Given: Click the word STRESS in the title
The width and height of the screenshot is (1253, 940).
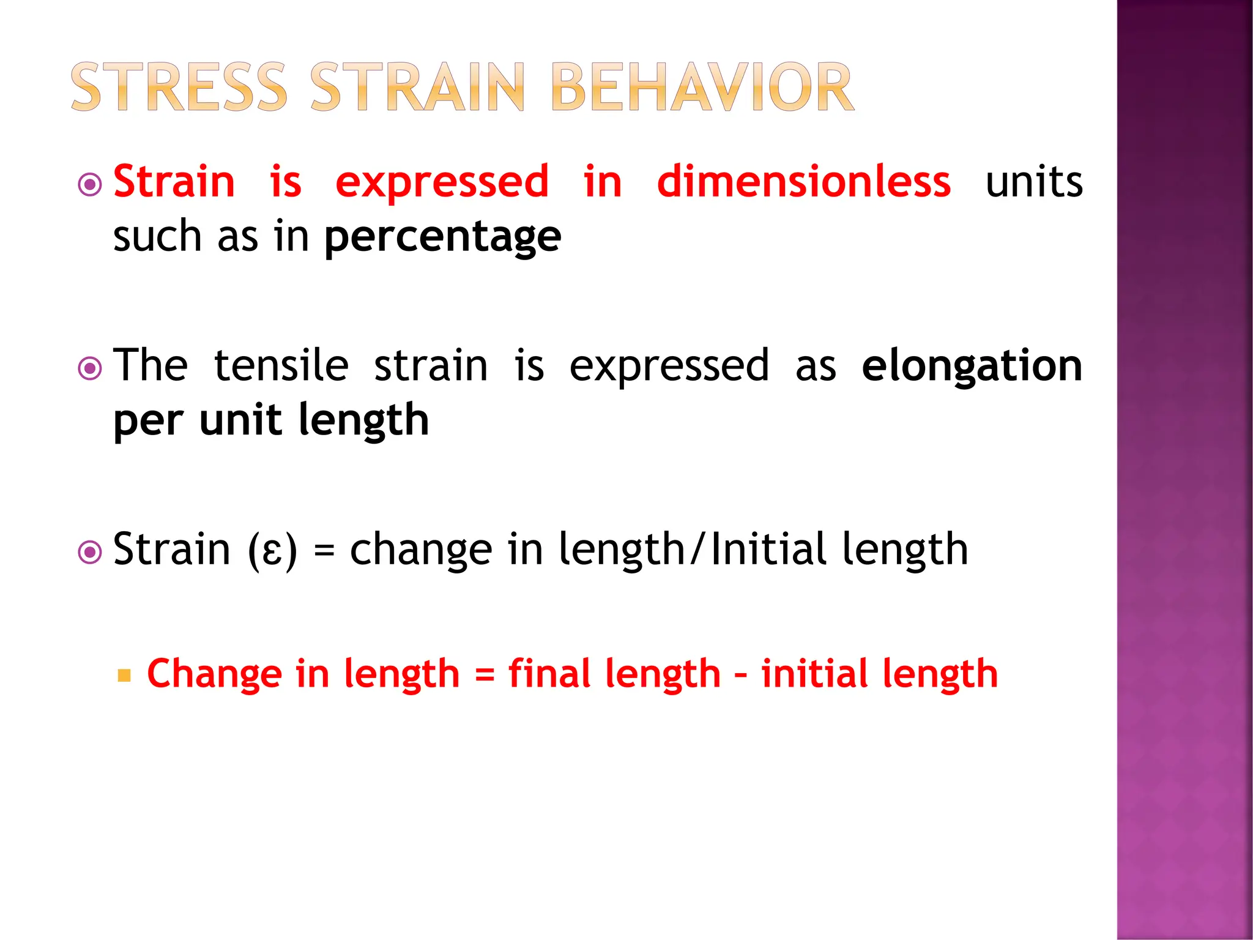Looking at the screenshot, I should click(179, 87).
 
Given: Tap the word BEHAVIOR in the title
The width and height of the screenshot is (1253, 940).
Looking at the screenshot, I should click(702, 87).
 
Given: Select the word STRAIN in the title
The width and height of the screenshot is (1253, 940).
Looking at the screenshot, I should click(417, 87).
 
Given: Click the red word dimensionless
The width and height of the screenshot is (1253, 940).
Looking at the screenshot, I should click(803, 182).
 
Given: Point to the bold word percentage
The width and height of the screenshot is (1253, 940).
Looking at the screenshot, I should click(442, 237).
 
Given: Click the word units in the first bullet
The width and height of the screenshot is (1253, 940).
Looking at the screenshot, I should click(1034, 182).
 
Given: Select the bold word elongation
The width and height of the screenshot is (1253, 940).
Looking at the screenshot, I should click(972, 365).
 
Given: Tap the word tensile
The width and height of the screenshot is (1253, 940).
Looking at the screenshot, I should click(281, 365).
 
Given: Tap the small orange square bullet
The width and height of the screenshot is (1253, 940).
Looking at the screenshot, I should click(124, 676).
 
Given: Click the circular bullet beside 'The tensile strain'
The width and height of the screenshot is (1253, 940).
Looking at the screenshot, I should click(90, 368).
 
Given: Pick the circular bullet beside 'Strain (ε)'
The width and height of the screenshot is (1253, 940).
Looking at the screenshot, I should click(90, 553).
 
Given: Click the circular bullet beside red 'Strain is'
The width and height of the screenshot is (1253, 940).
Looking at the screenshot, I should click(90, 184).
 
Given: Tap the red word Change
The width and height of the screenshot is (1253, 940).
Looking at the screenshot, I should click(214, 674).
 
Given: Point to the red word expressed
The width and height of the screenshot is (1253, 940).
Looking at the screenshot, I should click(442, 183).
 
